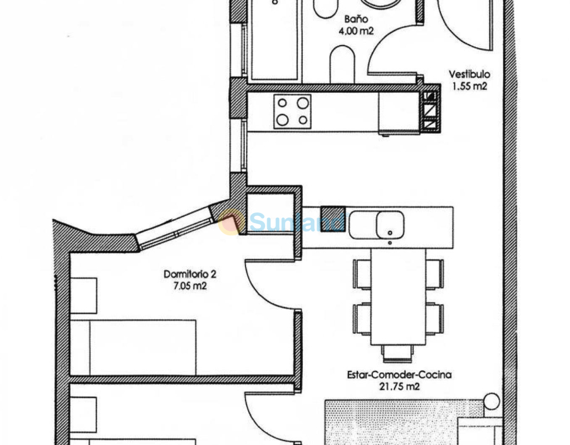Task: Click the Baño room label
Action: (x=356, y=19)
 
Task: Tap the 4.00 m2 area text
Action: (x=356, y=31)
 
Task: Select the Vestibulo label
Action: (x=469, y=75)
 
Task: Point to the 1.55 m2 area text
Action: (x=469, y=86)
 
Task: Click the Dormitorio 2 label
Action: (x=190, y=274)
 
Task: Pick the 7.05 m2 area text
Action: (x=190, y=286)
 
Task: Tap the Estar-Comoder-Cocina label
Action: (x=399, y=374)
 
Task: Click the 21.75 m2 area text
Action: (x=399, y=387)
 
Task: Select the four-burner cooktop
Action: (x=292, y=111)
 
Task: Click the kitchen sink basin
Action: (x=390, y=225)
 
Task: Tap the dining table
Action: (x=398, y=297)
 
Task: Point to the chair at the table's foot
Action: (x=397, y=353)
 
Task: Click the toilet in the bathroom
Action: (x=342, y=64)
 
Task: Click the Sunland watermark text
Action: (x=296, y=222)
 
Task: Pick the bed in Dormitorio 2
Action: (x=133, y=348)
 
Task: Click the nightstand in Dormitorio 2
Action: (x=83, y=296)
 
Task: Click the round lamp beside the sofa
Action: (x=492, y=402)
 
